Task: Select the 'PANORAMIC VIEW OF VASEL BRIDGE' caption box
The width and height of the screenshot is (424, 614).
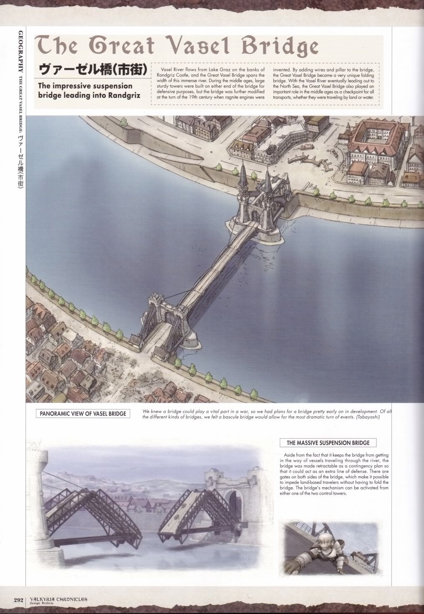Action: (x=82, y=414)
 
